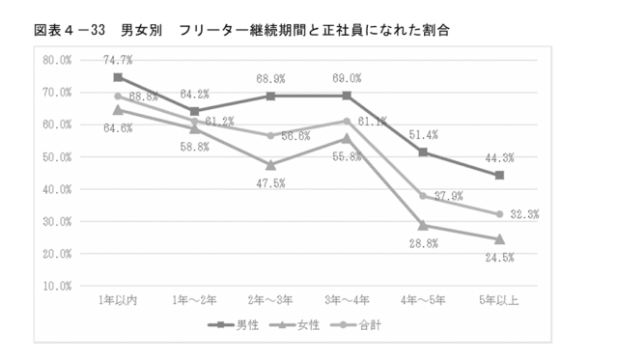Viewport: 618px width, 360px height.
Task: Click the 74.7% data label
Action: [117, 60]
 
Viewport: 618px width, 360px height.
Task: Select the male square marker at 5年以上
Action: [499, 176]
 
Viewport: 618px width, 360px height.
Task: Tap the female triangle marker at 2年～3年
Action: [270, 165]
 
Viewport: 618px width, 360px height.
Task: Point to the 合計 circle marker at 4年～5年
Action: [423, 196]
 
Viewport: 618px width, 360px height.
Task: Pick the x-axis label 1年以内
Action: [117, 301]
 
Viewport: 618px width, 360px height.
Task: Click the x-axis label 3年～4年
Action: [347, 301]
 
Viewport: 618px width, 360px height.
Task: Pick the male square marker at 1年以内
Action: [117, 77]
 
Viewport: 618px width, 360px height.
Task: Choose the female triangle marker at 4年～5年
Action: [423, 226]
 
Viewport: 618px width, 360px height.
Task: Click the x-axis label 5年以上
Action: [499, 301]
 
